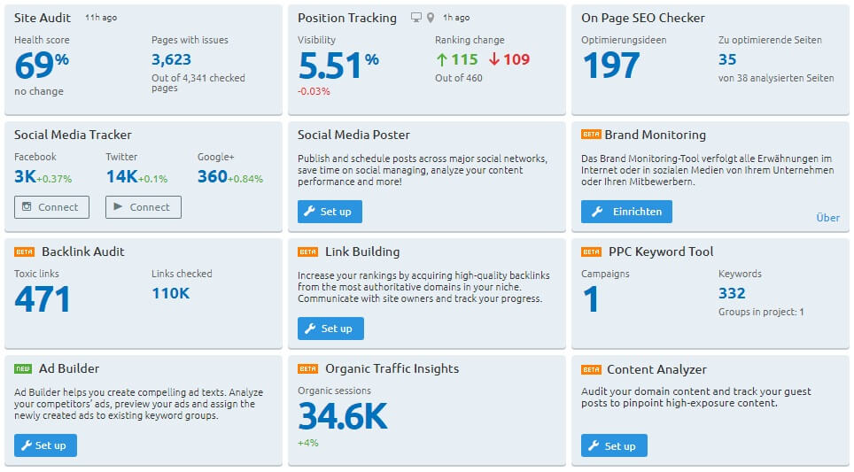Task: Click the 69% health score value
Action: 42,66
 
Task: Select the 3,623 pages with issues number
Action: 172,59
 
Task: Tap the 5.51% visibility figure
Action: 338,66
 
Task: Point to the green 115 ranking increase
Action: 457,59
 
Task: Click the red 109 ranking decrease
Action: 509,59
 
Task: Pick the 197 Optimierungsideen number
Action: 610,66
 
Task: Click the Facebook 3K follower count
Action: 25,176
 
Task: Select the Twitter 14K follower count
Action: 120,176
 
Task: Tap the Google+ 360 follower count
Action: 213,176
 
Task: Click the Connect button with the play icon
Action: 143,207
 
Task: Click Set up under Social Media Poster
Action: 330,212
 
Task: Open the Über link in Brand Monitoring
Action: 827,217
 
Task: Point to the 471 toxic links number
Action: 43,299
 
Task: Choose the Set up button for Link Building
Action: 330,329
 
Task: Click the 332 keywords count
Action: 732,293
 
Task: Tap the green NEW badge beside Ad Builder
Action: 23,368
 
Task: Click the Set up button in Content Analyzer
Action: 614,445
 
